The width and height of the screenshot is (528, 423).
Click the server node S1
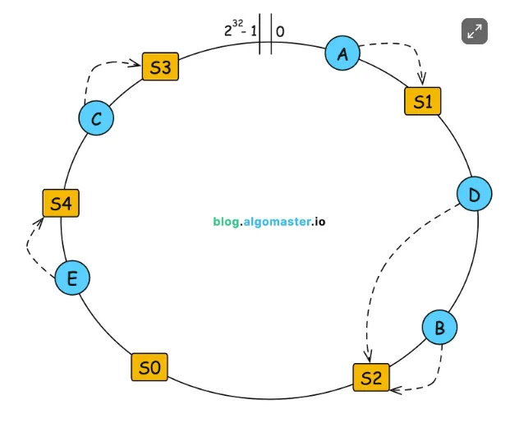(423, 102)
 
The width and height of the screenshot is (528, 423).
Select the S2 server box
(371, 377)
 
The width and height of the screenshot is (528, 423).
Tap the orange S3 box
(160, 67)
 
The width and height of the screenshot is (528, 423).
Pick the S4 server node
(61, 203)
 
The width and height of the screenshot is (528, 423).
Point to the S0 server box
(149, 367)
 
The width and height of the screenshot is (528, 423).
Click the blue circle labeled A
(343, 53)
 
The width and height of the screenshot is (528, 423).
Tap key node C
(96, 119)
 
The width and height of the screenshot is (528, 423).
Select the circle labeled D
(474, 195)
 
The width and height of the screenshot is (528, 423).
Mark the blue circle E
(72, 278)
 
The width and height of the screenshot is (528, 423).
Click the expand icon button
(475, 31)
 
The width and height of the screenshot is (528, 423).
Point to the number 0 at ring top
(281, 32)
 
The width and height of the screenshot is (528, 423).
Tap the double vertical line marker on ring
(265, 34)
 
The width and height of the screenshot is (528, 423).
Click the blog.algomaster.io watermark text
(269, 221)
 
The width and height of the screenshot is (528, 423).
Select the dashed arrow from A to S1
(409, 49)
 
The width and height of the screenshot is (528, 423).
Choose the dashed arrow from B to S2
(431, 374)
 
